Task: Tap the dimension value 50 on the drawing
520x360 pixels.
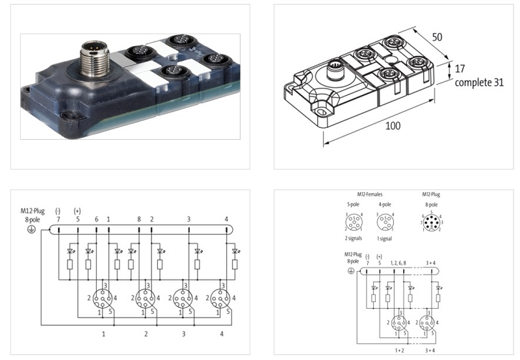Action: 437,38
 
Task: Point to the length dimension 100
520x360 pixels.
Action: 392,126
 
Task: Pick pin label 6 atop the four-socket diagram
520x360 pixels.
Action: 97,219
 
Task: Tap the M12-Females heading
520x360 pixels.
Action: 370,194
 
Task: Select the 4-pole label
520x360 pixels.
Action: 384,205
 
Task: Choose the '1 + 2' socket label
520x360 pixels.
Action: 397,350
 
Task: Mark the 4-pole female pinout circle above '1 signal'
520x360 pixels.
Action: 384,223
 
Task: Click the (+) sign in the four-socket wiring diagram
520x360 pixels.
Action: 77,211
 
